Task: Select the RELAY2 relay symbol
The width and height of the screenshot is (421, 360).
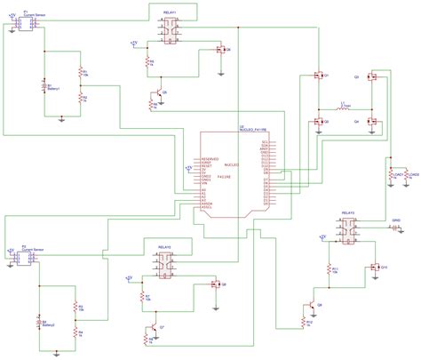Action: coord(165,262)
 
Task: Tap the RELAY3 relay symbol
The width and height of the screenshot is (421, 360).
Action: coord(348,232)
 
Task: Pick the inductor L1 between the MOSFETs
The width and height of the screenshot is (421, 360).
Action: coord(344,109)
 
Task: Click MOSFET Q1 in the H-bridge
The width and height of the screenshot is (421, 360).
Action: coord(318,78)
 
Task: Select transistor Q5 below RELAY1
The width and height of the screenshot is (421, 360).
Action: coord(158,92)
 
